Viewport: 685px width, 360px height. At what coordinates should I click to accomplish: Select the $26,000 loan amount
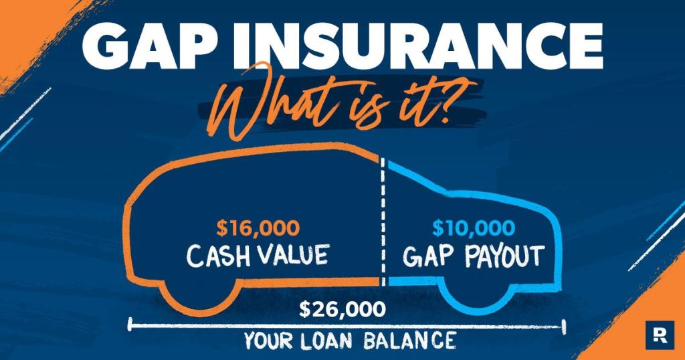click(x=342, y=309)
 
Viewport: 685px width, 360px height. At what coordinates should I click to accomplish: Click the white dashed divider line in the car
click(x=383, y=221)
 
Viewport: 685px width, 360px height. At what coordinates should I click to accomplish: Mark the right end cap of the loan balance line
click(x=564, y=326)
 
